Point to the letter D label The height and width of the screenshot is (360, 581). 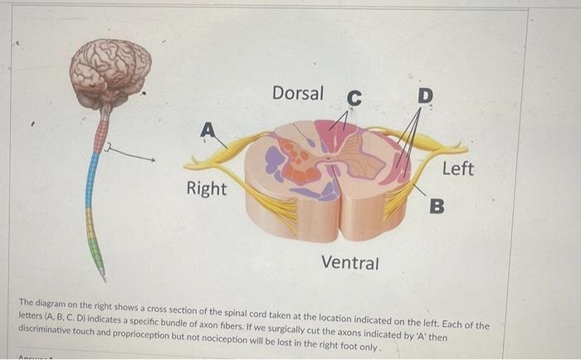(425, 96)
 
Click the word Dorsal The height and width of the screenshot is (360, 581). (298, 94)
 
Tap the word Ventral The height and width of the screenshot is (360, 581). (349, 264)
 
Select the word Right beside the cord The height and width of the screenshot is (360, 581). (206, 189)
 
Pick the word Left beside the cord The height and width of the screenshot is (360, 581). (457, 169)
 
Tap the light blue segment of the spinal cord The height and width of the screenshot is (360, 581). (90, 178)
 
